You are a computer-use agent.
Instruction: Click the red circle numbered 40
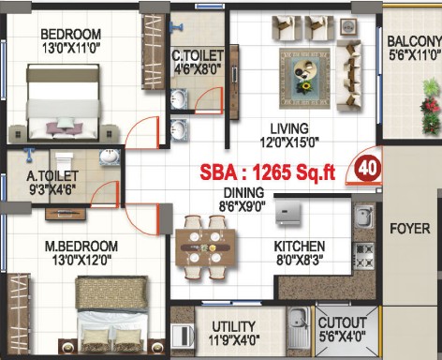(368, 169)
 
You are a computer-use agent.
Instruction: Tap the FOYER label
(410, 229)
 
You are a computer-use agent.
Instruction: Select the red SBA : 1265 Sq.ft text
(268, 172)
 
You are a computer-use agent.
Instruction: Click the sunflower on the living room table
(304, 87)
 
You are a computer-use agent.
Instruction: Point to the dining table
(205, 247)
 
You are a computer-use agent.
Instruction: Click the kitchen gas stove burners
(363, 256)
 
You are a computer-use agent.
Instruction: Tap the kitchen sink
(363, 217)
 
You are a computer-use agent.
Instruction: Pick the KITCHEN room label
(300, 247)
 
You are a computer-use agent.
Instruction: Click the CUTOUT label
(342, 323)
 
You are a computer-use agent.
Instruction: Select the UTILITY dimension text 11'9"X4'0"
(234, 339)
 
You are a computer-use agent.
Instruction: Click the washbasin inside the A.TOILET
(110, 157)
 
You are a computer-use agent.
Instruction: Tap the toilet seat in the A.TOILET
(64, 161)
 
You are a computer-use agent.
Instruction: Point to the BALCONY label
(415, 41)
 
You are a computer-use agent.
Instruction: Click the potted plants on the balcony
(431, 107)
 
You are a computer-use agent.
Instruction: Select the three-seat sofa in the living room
(349, 75)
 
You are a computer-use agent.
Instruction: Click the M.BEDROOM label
(81, 247)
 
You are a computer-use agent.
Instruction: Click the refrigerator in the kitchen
(288, 213)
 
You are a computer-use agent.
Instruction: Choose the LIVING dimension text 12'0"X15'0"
(289, 142)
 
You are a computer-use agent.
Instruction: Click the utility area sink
(299, 331)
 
